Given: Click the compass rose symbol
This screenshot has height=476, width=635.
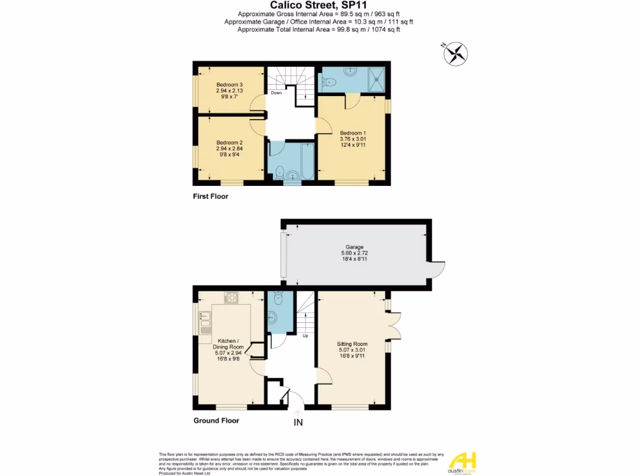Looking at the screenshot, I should pyautogui.click(x=455, y=53).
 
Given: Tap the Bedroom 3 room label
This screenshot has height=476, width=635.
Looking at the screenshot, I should pyautogui.click(x=229, y=85).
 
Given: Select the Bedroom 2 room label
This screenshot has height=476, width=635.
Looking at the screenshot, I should pyautogui.click(x=229, y=143).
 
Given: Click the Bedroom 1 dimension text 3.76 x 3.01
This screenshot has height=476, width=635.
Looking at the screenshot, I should pyautogui.click(x=353, y=139).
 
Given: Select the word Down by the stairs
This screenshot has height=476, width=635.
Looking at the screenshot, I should pyautogui.click(x=276, y=94).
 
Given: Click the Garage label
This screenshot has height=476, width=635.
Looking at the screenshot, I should pyautogui.click(x=355, y=247).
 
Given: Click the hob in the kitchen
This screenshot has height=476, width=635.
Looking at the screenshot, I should pyautogui.click(x=231, y=297).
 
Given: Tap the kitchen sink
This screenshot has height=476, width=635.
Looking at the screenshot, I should pyautogui.click(x=205, y=319).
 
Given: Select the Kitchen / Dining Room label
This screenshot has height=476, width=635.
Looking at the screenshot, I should pyautogui.click(x=229, y=344).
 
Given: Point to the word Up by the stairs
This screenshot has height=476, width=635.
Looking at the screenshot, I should pyautogui.click(x=305, y=337).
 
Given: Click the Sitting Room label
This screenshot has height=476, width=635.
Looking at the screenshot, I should pyautogui.click(x=352, y=344).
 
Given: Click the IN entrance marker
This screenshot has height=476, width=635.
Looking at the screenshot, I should pyautogui.click(x=298, y=423).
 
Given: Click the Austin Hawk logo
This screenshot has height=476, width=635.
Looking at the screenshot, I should pyautogui.click(x=461, y=462).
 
